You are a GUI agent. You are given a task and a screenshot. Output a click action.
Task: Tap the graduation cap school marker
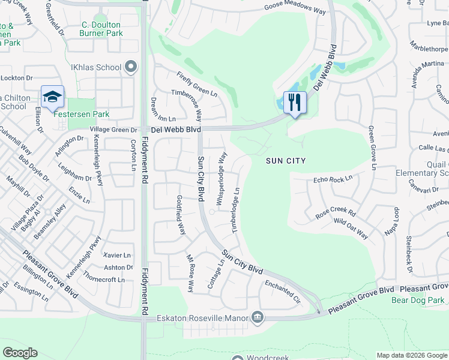52,96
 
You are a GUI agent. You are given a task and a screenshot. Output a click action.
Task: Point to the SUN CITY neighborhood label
286,161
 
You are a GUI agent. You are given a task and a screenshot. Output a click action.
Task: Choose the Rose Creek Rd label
336,214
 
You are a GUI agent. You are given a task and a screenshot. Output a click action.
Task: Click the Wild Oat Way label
351,228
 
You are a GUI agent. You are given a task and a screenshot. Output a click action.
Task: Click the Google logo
20,353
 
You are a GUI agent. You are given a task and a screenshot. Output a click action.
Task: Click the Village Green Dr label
114,130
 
